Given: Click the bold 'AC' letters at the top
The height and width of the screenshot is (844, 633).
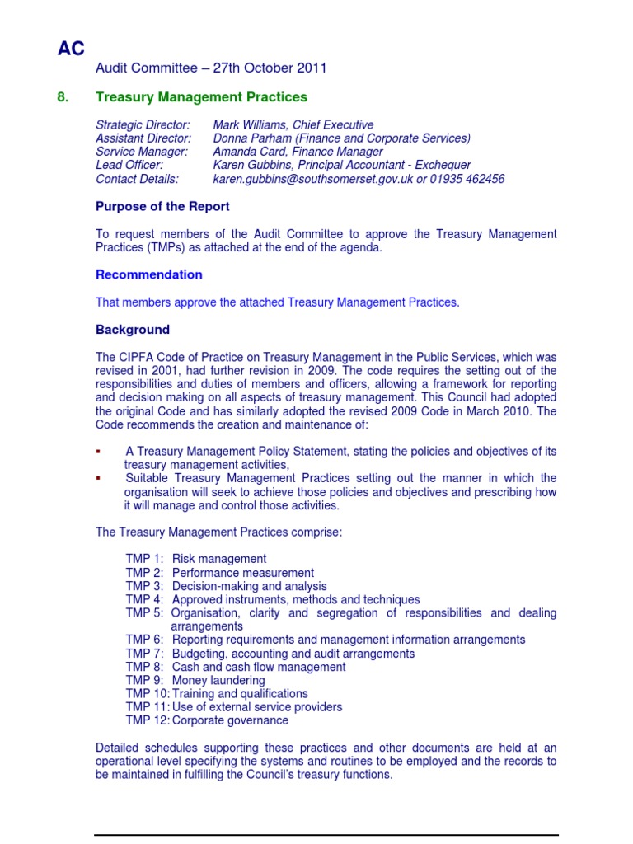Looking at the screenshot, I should [71, 49].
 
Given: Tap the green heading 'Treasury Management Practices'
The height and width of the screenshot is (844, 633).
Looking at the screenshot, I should [201, 97].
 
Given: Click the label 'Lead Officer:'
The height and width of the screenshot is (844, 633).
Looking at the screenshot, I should [129, 166].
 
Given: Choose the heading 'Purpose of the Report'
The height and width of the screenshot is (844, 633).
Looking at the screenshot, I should [162, 206].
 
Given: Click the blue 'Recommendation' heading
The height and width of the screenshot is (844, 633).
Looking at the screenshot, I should [149, 274].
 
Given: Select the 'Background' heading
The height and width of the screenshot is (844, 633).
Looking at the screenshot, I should [133, 330].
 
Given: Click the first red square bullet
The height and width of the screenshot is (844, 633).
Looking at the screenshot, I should [98, 452].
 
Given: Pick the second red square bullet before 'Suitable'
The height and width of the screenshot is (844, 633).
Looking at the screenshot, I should [98, 479].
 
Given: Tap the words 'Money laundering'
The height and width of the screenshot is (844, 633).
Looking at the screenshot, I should [218, 681].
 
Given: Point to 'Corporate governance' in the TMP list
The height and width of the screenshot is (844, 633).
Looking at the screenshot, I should [230, 720].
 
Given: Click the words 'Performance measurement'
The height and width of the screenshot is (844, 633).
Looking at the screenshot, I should [243, 573].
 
